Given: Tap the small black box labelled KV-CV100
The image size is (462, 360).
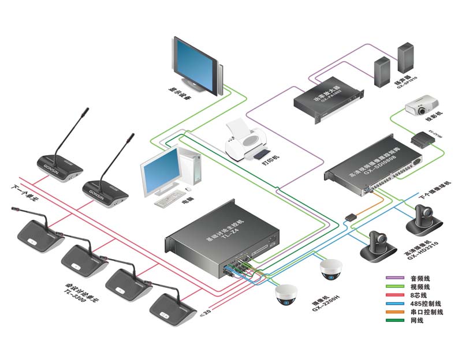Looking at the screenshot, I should [x=423, y=139].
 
